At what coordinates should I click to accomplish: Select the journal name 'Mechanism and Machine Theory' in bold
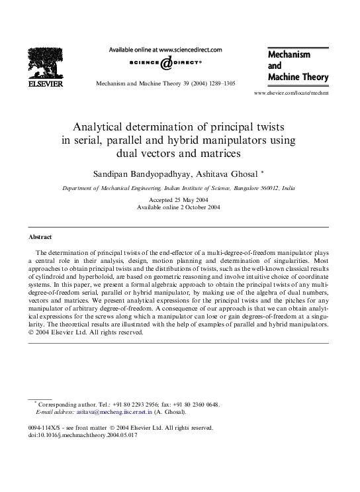[x=297, y=66]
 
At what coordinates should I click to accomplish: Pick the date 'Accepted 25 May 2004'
[x=180, y=199]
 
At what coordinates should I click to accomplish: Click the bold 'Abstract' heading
[x=40, y=236]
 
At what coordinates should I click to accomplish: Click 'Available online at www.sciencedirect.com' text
[x=165, y=49]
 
